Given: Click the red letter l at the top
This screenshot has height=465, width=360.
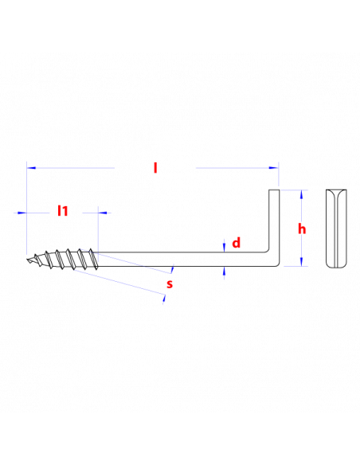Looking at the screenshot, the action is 155,168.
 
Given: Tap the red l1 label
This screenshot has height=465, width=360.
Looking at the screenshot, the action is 63,211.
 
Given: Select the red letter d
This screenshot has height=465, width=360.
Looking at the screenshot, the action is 236,243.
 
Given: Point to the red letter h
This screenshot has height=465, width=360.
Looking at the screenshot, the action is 302,229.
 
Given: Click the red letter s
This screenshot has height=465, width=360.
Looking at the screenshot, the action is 170,283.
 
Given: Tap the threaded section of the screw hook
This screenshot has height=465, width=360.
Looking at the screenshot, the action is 63,260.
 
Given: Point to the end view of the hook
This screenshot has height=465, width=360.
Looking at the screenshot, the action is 336,229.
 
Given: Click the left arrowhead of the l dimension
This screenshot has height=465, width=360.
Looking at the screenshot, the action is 31,168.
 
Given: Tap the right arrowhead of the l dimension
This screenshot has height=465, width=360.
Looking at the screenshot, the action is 274,168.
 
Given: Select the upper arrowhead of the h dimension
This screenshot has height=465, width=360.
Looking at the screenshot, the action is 302,194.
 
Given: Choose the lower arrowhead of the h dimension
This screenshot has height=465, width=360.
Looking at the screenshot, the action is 302,261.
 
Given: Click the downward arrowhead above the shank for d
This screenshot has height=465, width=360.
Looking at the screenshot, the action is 224,248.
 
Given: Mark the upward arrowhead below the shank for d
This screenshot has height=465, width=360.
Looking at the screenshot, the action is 224,271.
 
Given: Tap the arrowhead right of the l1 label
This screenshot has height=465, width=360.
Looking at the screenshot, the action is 103,213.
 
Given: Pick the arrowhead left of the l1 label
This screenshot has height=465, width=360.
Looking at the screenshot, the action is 22,213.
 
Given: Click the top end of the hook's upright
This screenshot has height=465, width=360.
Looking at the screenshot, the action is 274,190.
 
